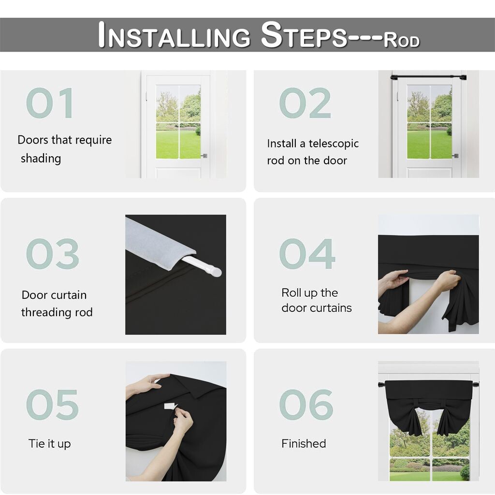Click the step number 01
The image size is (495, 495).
click(50, 103)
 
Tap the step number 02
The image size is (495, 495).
click(305, 103)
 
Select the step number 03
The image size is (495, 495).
click(52, 254)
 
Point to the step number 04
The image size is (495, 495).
click(307, 254)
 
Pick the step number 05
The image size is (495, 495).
click(52, 405)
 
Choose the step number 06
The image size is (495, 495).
click(306, 405)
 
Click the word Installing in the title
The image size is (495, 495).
click(174, 35)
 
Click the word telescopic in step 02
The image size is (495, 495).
click(334, 144)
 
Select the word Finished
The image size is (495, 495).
click(304, 444)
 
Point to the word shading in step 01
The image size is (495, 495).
click(41, 159)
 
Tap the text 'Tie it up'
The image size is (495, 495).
click(50, 444)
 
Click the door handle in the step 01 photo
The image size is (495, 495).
click(204, 156)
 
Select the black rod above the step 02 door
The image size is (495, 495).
click(428, 77)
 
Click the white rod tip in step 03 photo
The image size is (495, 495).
click(216, 272)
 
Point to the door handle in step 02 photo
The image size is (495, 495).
click(455, 156)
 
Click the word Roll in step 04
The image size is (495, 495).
click(290, 292)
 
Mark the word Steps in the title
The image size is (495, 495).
click(304, 35)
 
